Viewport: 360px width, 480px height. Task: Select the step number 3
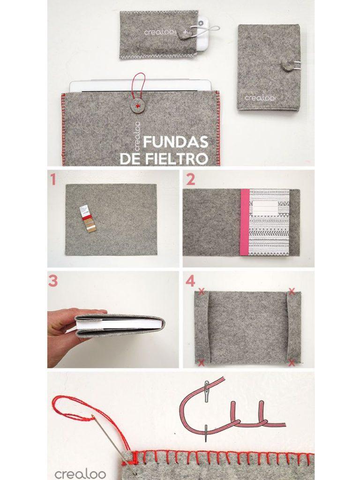[53, 281]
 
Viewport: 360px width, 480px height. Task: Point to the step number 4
[190, 281]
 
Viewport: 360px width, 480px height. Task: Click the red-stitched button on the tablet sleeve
[137, 106]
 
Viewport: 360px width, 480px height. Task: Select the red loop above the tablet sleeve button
[136, 84]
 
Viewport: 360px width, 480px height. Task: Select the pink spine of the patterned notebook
[244, 222]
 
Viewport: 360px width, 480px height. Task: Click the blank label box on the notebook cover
[268, 209]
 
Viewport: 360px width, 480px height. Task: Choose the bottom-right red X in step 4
[292, 362]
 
